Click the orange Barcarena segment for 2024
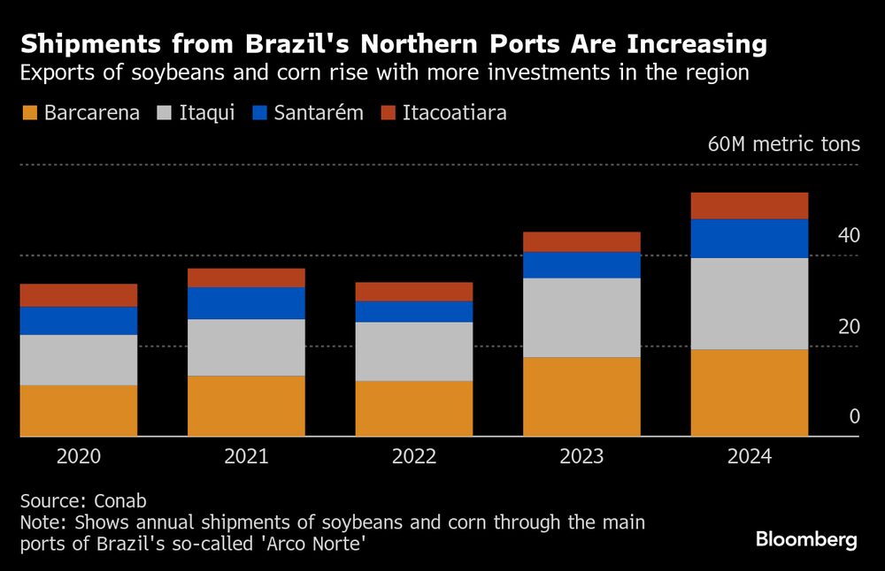click(x=749, y=392)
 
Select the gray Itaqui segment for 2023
click(x=581, y=317)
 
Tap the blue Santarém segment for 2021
click(x=246, y=303)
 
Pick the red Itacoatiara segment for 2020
click(x=79, y=295)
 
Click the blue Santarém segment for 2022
click(x=414, y=311)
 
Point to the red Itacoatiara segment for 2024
click(x=749, y=205)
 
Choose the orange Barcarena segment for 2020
click(x=79, y=410)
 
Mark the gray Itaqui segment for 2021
click(x=246, y=347)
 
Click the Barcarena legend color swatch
click(x=28, y=113)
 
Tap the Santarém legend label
click(x=319, y=113)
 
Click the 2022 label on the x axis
click(x=414, y=457)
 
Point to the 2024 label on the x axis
click(x=749, y=457)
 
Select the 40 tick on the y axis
click(x=848, y=236)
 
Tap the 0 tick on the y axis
click(x=854, y=416)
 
